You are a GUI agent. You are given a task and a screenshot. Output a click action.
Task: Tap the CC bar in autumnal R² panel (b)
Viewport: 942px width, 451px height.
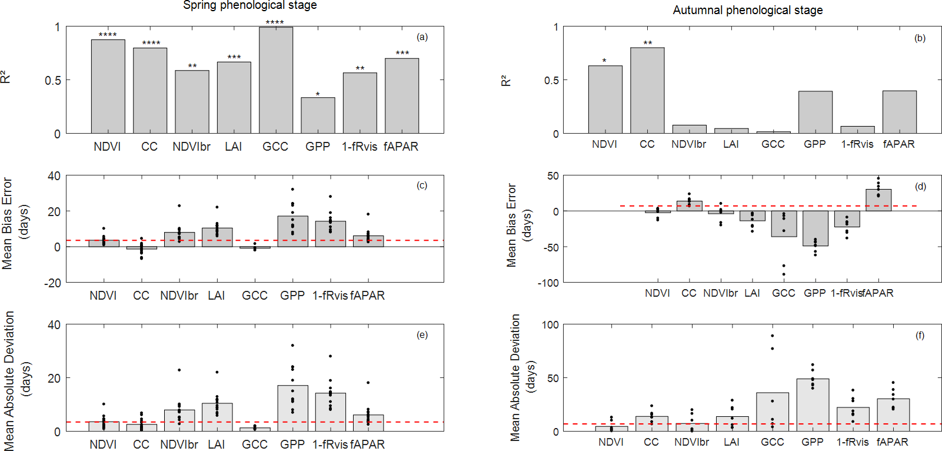(647, 91)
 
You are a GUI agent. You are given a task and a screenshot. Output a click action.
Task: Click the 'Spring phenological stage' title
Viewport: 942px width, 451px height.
(250, 5)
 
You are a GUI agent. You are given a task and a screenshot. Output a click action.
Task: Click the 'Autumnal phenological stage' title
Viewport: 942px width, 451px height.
(748, 10)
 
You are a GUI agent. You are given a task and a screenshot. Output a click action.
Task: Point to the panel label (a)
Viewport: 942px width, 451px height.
(422, 37)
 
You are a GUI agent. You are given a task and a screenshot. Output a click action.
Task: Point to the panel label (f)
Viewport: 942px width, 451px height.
(920, 335)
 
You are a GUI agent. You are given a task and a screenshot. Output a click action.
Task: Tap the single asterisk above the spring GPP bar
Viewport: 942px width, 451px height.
(318, 94)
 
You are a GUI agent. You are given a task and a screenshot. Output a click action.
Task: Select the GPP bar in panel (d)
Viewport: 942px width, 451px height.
(815, 228)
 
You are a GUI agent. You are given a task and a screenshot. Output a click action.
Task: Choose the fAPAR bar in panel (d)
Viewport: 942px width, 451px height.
(878, 200)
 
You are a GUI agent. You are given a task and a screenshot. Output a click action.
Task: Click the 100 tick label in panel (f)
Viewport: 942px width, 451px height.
(550, 325)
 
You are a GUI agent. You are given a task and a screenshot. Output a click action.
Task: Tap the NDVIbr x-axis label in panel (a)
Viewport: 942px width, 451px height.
(191, 147)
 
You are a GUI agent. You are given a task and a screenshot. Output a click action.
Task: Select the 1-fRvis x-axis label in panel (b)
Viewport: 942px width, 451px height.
(857, 144)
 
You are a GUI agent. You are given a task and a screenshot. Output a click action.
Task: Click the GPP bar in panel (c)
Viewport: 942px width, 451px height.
(292, 231)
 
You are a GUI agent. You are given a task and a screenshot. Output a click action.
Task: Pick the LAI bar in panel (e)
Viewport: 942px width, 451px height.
(217, 417)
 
